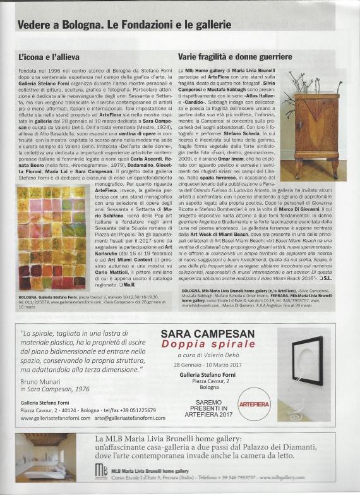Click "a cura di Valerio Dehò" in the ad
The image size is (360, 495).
pyautogui.click(x=198, y=356)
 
